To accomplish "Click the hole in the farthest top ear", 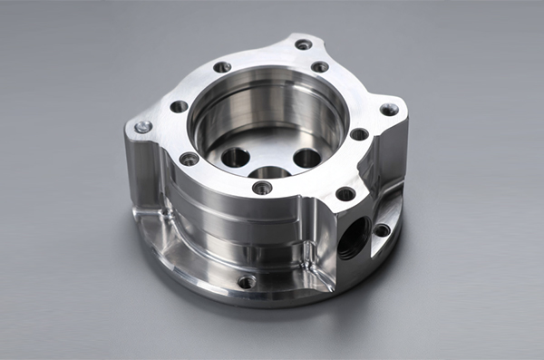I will click(303, 44).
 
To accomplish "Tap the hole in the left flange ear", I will click(142, 127).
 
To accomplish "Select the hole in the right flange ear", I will click(389, 109).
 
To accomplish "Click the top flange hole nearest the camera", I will click(262, 188).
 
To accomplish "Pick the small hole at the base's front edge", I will click(247, 282).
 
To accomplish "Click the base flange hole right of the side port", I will click(382, 229).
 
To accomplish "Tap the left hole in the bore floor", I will click(235, 156).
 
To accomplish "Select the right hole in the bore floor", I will click(306, 158).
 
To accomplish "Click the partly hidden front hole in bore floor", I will click(269, 172).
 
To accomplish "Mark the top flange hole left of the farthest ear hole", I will click(222, 67).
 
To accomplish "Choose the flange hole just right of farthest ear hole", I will click(320, 67).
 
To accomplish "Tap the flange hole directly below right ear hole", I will click(359, 134).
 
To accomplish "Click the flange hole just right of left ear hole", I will click(179, 106).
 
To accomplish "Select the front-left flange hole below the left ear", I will click(189, 159).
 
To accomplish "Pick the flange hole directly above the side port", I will click(345, 193).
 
